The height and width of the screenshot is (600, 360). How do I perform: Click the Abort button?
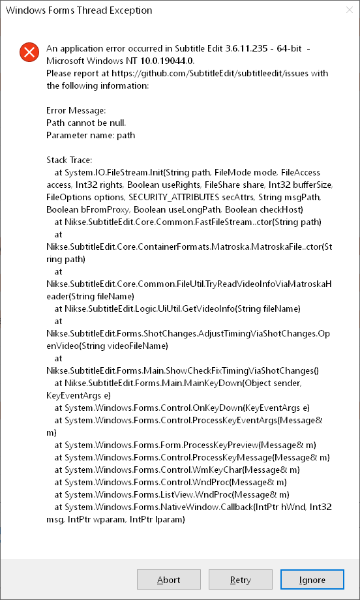[x=169, y=580]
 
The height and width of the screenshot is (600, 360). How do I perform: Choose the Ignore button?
[x=312, y=580]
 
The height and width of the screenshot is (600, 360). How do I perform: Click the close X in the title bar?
[x=345, y=10]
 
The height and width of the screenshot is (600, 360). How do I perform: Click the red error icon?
[x=29, y=52]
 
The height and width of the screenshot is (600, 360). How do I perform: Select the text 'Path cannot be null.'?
[x=86, y=123]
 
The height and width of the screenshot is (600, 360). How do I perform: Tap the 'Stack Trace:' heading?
[x=69, y=160]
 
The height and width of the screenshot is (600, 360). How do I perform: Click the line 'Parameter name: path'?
[x=90, y=135]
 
